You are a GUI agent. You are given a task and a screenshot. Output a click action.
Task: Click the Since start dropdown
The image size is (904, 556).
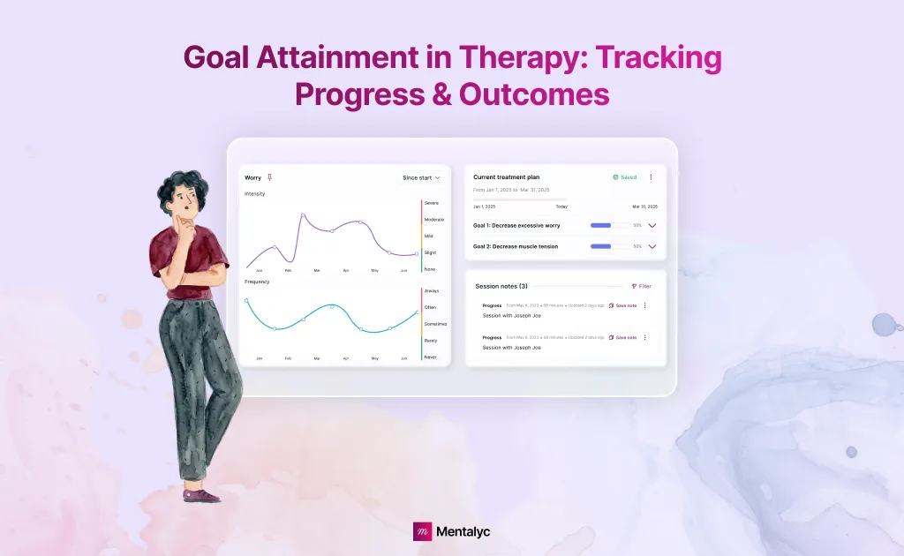pos(421,177)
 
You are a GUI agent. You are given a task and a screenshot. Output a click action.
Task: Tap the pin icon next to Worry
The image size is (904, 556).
pos(269,177)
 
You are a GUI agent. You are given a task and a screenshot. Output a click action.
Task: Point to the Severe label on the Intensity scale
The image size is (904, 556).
pos(432,203)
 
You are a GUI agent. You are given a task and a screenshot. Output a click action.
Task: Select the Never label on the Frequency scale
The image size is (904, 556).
pos(430,357)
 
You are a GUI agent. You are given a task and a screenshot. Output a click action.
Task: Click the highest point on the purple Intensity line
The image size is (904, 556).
pos(303,214)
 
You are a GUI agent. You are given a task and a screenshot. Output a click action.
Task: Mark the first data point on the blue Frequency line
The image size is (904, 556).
pos(246,300)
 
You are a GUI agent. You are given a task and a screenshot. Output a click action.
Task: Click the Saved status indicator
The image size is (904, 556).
pos(624,177)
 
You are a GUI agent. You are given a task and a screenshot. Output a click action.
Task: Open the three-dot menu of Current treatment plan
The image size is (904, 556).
pos(651,177)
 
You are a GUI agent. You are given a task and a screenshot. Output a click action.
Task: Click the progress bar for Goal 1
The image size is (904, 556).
pos(610,225)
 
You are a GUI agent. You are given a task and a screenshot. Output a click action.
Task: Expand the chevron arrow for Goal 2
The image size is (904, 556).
pos(652,246)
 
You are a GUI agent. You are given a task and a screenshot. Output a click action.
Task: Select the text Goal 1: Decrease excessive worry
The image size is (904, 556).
pos(516,225)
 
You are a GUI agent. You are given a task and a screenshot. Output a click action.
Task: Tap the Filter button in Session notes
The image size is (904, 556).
pos(641,286)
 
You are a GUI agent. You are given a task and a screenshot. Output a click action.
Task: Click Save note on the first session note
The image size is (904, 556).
pos(622,305)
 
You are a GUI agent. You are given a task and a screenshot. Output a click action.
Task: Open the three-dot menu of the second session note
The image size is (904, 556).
pos(644,337)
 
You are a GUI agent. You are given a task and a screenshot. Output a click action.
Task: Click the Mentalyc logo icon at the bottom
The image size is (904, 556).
pos(423,531)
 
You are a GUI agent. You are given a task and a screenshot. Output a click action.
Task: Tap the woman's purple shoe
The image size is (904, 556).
pos(202,495)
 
